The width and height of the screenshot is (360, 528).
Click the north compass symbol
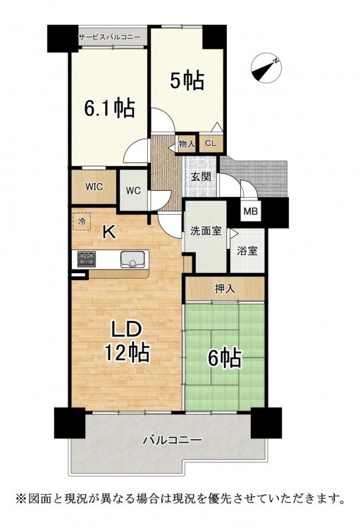click(x=266, y=68)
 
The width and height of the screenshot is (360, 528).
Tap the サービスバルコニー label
click(x=110, y=37)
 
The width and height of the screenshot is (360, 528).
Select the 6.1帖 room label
click(x=109, y=108)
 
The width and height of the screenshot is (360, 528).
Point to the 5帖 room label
click(x=187, y=80)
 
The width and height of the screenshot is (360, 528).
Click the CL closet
click(x=211, y=144)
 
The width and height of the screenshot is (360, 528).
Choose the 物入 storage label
click(x=187, y=144)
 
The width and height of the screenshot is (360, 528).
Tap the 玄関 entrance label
click(x=201, y=176)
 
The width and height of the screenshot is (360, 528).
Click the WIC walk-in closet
click(x=94, y=187)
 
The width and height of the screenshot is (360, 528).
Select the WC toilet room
click(x=133, y=190)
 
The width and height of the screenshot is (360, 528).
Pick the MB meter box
click(x=251, y=211)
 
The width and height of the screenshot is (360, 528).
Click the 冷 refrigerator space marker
click(x=82, y=222)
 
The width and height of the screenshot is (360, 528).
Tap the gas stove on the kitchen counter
click(x=87, y=259)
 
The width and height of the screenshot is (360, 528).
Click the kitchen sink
click(x=132, y=259)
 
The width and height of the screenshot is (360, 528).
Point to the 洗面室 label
click(x=206, y=231)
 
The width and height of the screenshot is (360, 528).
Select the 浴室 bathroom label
click(x=247, y=251)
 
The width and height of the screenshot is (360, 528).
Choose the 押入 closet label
click(x=225, y=288)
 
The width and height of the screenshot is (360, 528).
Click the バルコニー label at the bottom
click(x=172, y=440)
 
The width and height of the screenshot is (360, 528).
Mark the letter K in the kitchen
click(x=109, y=232)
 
